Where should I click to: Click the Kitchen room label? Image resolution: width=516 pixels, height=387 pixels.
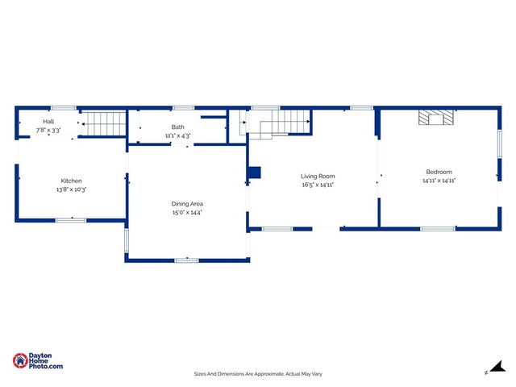[x=72, y=181]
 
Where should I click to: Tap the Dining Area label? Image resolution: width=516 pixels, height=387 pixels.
[x=186, y=204]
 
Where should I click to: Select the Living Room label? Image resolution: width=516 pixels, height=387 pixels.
[x=318, y=176]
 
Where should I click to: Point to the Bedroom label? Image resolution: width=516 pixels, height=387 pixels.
[x=439, y=172]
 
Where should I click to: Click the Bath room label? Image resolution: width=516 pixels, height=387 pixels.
[x=177, y=127]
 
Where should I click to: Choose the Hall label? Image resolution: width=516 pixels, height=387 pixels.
[x=48, y=122]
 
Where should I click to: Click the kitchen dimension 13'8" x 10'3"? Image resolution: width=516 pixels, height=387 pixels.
[x=72, y=189]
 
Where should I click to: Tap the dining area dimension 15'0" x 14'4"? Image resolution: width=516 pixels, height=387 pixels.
[x=186, y=213]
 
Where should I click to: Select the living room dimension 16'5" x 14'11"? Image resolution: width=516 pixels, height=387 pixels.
[x=318, y=185]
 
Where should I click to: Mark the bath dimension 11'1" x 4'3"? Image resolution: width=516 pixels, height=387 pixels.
[x=177, y=135]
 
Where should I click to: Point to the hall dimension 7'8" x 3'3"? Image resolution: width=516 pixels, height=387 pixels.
[x=48, y=130]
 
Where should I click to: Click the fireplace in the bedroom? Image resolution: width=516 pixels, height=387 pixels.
[x=436, y=119]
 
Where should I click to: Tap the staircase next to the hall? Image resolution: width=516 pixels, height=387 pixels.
[x=106, y=123]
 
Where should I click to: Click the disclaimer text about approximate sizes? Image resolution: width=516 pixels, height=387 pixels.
[x=258, y=374]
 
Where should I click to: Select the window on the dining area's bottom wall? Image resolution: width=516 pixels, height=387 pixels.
[x=187, y=260]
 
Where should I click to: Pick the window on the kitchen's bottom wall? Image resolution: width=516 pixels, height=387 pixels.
[x=71, y=219]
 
